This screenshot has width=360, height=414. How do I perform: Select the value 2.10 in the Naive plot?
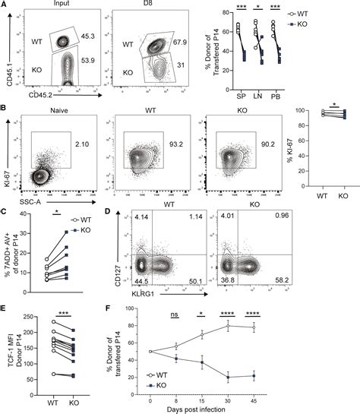coord(81,141)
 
